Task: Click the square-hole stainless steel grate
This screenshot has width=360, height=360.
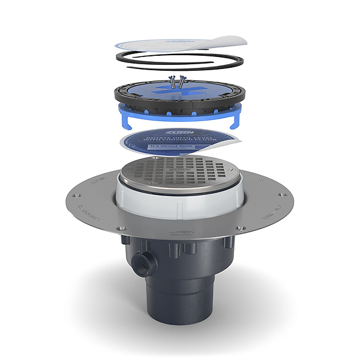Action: click(179, 172)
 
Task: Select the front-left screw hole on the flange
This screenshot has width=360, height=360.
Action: click(119, 230)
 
